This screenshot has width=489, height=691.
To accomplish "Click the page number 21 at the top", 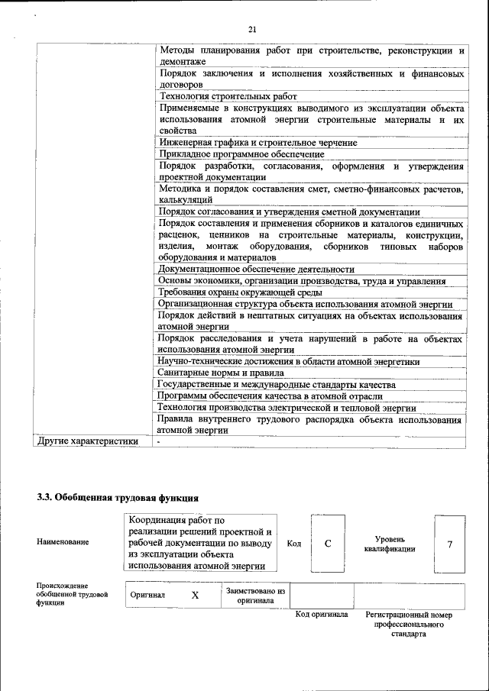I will coord(253,29).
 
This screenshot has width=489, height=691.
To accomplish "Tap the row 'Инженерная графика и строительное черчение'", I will coord(257,142).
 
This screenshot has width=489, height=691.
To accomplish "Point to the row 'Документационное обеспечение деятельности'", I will coord(256,269).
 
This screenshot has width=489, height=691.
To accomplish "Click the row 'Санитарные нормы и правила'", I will coord(216,373).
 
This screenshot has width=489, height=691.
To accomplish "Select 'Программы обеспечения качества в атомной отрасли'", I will coord(270,396).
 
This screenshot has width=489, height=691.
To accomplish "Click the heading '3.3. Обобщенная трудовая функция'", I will coord(112,497).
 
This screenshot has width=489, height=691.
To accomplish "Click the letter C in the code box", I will coord(328,544).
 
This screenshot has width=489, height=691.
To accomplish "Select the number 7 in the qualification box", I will coord(450,544).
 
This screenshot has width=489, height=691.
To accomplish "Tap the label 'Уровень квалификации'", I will coord(390,544).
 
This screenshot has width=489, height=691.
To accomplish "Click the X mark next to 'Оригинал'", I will coord(195,596).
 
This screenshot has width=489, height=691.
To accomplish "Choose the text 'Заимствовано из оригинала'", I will coord(255,595).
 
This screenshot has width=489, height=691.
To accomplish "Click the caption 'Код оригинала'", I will coord(322,614).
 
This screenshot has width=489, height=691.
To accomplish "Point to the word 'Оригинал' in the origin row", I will coord(147,596).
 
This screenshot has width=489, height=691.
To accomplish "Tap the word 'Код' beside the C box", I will coord(294,544).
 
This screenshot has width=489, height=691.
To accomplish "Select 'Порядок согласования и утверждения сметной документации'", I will coord(289,211).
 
